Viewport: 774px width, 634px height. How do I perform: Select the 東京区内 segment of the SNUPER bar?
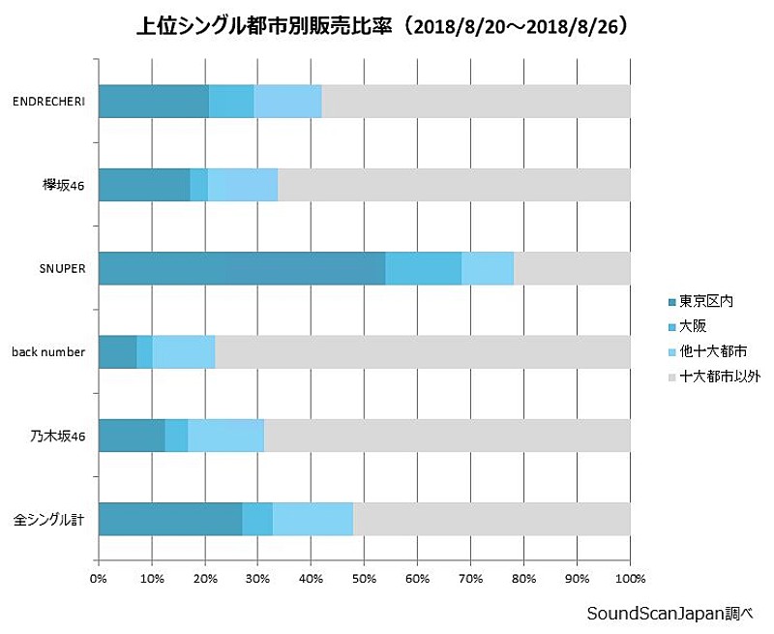[242, 268]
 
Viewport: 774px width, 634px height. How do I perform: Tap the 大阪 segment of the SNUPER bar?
[423, 268]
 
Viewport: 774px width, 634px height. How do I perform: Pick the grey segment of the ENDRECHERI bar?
[475, 101]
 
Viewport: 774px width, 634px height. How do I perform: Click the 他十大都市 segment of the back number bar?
[183, 351]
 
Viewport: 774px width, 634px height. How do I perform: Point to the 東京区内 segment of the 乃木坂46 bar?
[132, 436]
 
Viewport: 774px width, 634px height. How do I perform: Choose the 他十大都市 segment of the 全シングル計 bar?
[313, 519]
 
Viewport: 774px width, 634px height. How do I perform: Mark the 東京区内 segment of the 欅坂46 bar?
[144, 184]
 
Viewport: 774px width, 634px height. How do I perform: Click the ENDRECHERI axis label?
[48, 101]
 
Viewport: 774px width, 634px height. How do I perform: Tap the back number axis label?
[48, 351]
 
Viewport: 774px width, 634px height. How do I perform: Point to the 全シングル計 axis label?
[49, 520]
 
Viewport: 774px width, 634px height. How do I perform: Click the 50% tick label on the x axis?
[364, 579]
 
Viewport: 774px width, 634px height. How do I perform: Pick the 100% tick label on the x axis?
[629, 579]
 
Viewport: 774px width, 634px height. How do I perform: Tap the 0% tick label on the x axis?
[99, 579]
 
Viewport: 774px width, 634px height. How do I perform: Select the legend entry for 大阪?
[692, 326]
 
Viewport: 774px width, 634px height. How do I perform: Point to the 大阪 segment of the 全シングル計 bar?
[257, 519]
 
